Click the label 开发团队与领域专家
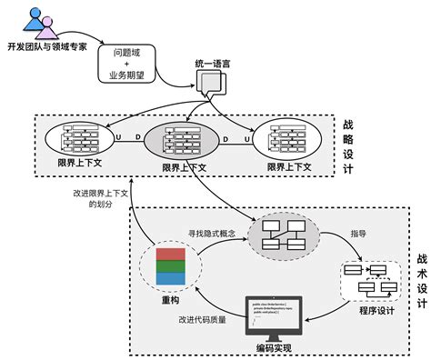[46, 47]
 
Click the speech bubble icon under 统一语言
[209, 84]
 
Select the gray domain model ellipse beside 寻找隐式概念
[283, 234]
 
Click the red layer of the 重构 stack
[169, 254]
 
